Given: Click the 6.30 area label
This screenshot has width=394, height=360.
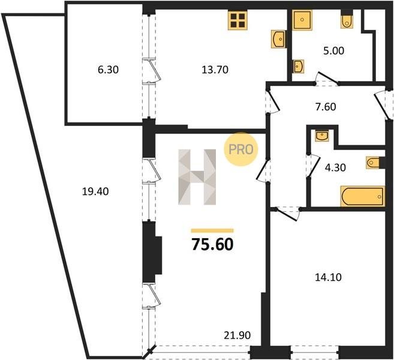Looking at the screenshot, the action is tap(108, 70).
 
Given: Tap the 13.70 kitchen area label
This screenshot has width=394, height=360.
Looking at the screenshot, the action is tap(215, 70).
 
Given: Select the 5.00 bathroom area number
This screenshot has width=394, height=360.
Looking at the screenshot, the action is tap(333, 51).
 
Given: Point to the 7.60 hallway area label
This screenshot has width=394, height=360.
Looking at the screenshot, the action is tap(326, 107).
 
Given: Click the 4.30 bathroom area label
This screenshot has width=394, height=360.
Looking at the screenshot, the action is tap(335, 167).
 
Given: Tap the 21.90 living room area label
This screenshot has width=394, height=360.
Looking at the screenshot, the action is tap(237, 335).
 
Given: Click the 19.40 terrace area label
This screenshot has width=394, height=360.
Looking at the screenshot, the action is tap(95, 192).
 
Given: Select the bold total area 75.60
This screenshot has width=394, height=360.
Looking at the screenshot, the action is tap(212, 245).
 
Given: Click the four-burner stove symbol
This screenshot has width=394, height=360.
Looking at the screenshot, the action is tap(237, 20).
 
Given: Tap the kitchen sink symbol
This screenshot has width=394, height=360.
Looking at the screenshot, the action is tap(278, 39).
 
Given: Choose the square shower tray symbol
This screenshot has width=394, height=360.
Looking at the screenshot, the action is tap(302, 20).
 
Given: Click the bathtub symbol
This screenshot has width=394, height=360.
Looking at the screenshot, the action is tap(363, 196).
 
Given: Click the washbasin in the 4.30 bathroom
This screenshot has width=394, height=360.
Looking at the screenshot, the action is tap(321, 136).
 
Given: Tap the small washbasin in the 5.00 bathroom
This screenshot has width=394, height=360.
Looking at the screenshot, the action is tap(298, 67).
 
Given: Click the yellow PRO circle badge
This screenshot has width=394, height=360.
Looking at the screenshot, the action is tap(241, 149).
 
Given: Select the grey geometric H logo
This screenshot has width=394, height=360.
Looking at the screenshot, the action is tap(197, 177).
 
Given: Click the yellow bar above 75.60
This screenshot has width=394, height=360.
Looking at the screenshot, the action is tap(212, 230).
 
